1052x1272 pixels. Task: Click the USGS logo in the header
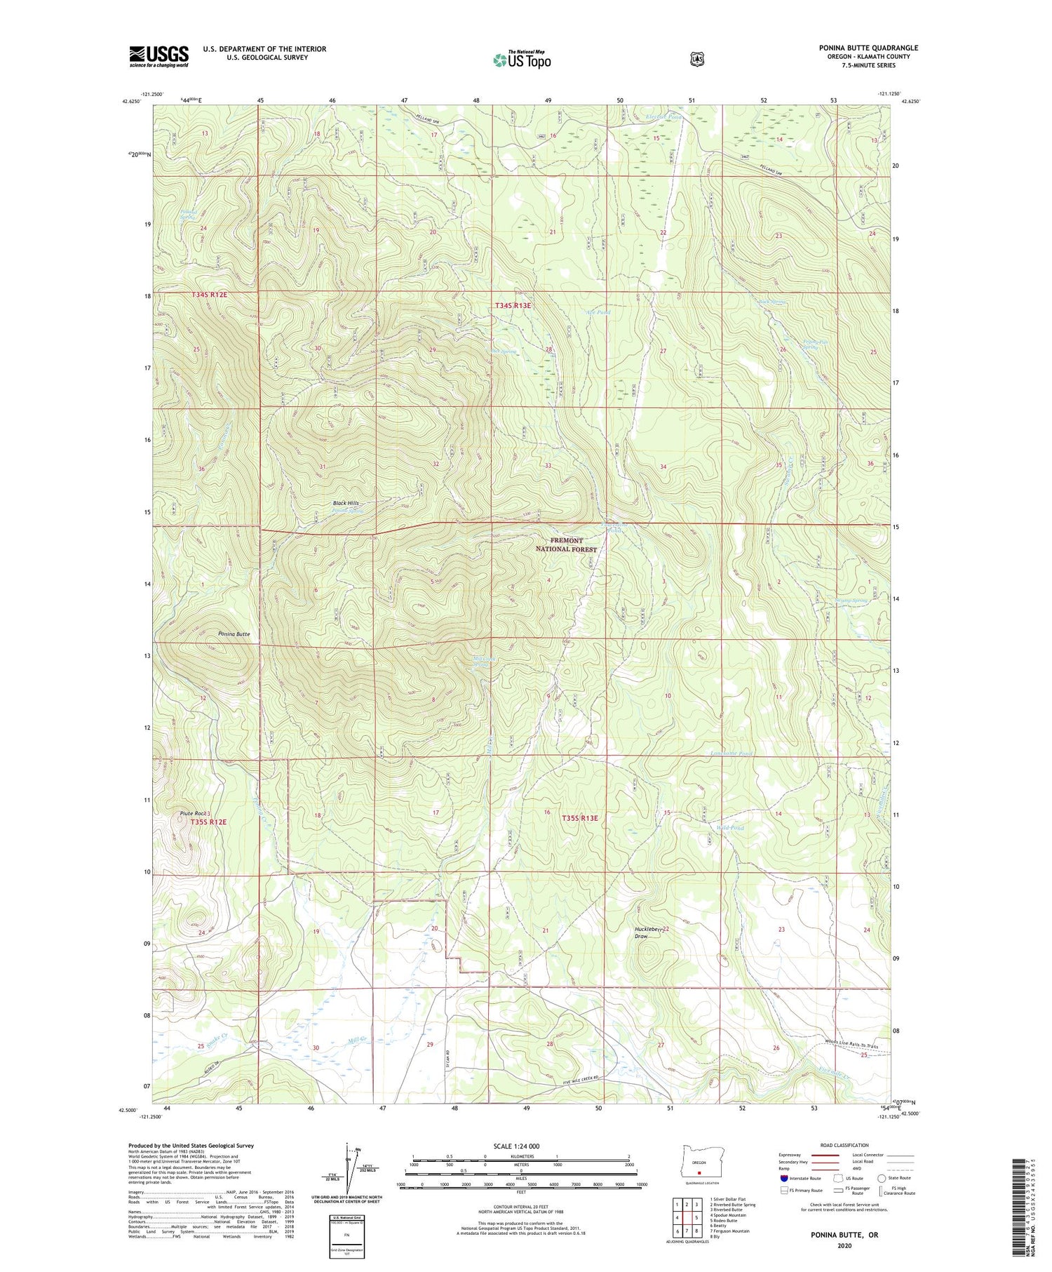159,56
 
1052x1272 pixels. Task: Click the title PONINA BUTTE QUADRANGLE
868,48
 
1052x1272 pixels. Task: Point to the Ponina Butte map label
234,634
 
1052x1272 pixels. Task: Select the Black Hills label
345,503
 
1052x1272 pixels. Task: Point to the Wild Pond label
729,828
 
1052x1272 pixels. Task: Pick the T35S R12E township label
209,822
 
